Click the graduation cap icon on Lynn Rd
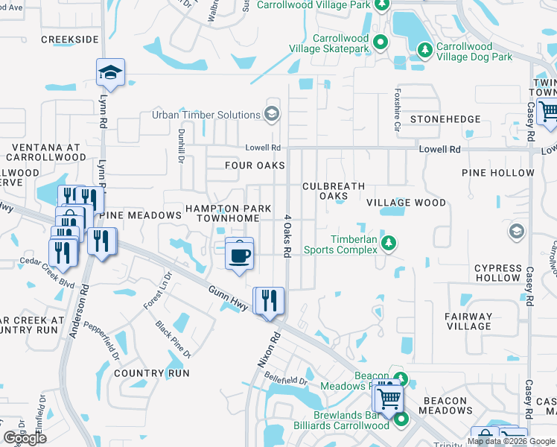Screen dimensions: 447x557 [x=110, y=72]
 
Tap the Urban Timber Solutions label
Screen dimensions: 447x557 [x=206, y=115]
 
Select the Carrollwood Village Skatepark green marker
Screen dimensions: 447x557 [x=381, y=42]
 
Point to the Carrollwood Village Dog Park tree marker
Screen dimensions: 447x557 [x=425, y=50]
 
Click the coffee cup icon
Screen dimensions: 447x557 [x=239, y=255]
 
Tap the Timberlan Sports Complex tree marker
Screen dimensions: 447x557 [x=387, y=243]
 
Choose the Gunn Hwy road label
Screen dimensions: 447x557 [x=226, y=293]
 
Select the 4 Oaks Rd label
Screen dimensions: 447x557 [x=286, y=236]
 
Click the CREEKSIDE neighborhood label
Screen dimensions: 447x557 [x=70, y=39]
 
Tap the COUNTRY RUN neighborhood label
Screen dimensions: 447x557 [x=152, y=372]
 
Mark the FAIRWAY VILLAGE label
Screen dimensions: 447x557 [x=468, y=321]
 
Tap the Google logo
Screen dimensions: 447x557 [x=25, y=438]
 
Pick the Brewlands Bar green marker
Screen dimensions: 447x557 [x=401, y=419]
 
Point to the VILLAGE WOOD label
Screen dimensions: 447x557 [x=406, y=203]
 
